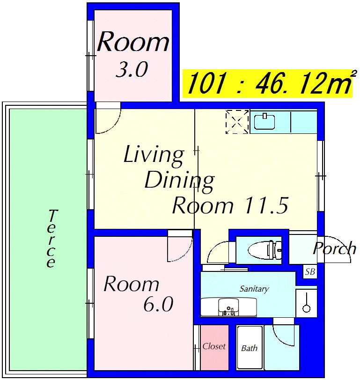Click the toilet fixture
(x=264, y=249)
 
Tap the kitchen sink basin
(x=264, y=122)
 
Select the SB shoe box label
(x=310, y=272)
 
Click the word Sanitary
(x=254, y=289)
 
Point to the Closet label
(x=214, y=346)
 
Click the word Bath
(x=249, y=348)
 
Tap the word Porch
(x=335, y=248)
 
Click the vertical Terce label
(x=51, y=239)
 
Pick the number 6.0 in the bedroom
(x=158, y=304)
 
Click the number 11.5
(x=267, y=205)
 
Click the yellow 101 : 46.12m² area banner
(x=268, y=83)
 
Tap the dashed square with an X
(x=237, y=122)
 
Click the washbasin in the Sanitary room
(x=228, y=307)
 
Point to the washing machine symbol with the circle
(x=307, y=303)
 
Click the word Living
(x=154, y=155)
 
